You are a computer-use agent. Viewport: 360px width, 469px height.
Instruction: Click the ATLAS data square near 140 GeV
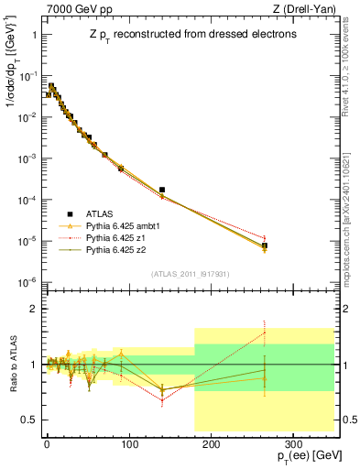pyautogui.click(x=162, y=190)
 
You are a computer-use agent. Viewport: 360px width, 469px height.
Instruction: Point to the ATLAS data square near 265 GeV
pyautogui.click(x=265, y=245)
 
